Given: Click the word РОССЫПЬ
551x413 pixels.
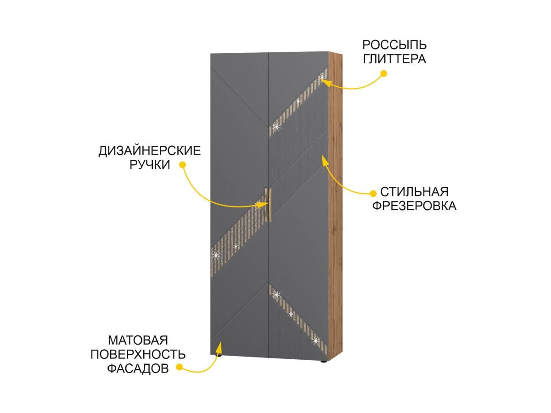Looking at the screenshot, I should (x=394, y=45).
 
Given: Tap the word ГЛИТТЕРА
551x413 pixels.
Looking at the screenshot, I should (x=394, y=59).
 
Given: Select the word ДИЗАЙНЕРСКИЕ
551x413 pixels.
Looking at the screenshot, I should (x=150, y=151).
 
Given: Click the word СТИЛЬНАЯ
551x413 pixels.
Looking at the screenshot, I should (x=414, y=191).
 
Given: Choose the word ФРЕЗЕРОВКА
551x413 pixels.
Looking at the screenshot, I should (x=414, y=206).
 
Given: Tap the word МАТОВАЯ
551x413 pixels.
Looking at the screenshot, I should (x=138, y=340).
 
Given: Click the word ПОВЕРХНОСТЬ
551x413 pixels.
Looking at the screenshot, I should (x=138, y=354).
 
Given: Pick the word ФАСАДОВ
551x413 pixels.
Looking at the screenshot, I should (x=138, y=368).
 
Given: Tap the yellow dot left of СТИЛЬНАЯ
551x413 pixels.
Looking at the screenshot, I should (x=373, y=192).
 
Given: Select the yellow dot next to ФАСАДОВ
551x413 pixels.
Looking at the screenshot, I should (x=180, y=367).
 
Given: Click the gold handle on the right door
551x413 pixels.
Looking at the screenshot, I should (x=270, y=207).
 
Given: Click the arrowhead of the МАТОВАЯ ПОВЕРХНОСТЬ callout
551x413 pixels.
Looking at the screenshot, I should (x=220, y=344).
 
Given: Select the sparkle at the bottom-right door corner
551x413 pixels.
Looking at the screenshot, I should (x=316, y=340).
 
